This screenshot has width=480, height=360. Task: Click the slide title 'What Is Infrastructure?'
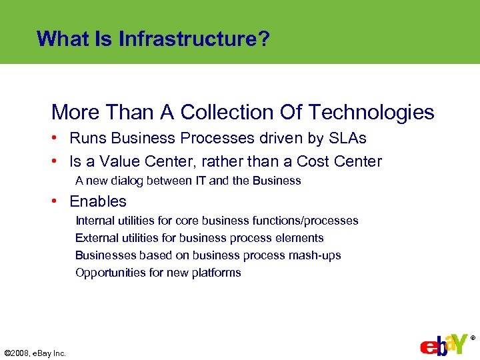click(153, 39)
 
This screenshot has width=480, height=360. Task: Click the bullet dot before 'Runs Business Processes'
click(60, 139)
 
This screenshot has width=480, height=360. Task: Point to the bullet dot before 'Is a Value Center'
click(60, 161)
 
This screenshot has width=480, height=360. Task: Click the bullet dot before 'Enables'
click(60, 201)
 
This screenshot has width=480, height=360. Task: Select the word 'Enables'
click(98, 201)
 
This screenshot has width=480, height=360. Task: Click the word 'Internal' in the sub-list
click(94, 221)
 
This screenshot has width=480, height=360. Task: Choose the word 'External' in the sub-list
click(95, 238)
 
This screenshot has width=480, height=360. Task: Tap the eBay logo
click(444, 343)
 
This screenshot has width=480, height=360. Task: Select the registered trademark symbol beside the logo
click(473, 339)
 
